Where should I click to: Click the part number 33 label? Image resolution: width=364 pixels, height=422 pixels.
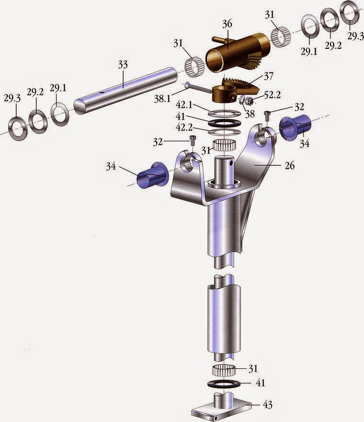123,65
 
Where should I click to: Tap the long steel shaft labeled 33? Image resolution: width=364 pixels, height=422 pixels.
125,91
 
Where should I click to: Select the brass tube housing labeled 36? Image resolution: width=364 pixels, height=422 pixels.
236,53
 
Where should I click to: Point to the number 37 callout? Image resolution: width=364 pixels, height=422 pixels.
268,76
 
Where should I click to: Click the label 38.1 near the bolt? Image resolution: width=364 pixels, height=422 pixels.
162,99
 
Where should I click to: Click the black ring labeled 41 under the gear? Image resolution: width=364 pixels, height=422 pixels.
225,123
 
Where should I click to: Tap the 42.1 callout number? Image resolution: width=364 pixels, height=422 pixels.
184,105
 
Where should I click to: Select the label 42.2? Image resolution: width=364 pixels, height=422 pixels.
184,127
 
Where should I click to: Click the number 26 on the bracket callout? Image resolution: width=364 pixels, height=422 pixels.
290,165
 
